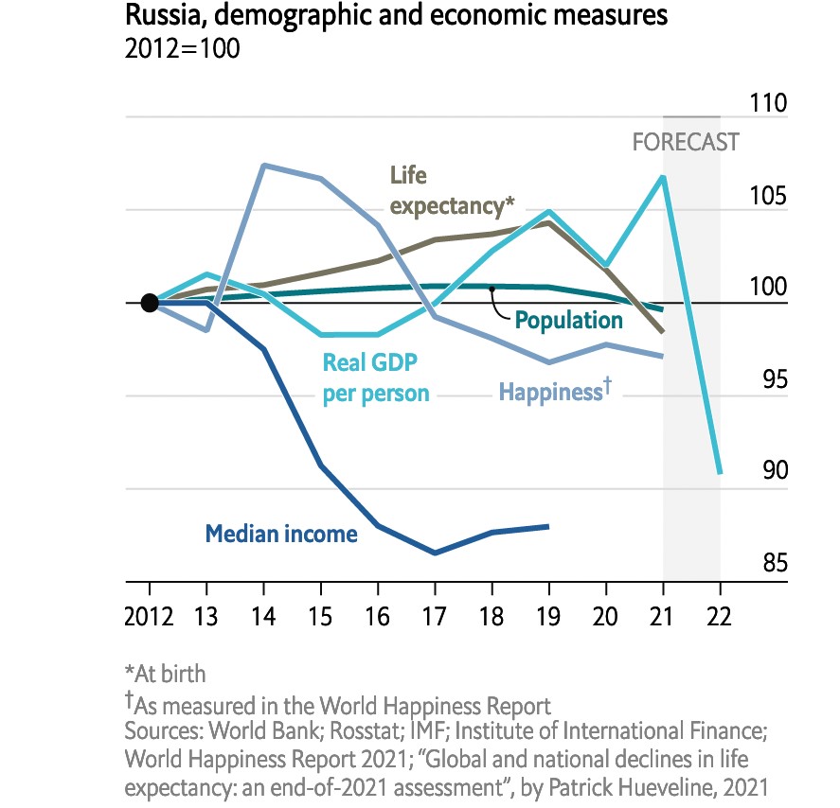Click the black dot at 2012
pos(149,303)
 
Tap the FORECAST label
pos(686,143)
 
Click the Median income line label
pos(281,534)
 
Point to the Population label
pos(568,320)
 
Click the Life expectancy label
pos(452,191)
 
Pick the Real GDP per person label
pos(375,378)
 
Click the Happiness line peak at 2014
pos(264,166)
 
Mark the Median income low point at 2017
pos(435,553)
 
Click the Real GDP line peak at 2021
pos(663,177)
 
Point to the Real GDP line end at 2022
pos(720,471)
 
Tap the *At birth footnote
pos(165,675)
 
